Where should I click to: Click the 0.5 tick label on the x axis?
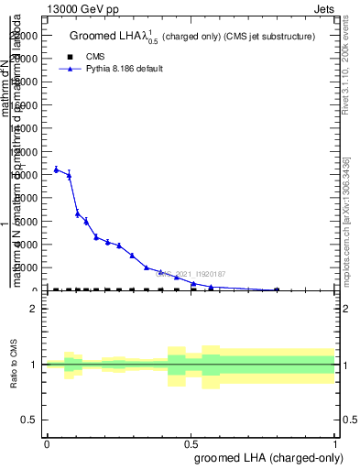click(191, 444)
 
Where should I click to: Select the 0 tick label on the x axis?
click(46, 444)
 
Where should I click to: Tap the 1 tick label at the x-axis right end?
click(336, 444)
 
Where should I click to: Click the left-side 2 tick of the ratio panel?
click(33, 309)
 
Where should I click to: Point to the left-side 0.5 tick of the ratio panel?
click(28, 420)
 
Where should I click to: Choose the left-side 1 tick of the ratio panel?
click(33, 365)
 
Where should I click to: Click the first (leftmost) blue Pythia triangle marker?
click(56, 169)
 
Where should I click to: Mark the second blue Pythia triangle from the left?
click(69, 174)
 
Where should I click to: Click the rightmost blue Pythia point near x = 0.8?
click(277, 289)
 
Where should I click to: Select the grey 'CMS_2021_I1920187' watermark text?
click(192, 273)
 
